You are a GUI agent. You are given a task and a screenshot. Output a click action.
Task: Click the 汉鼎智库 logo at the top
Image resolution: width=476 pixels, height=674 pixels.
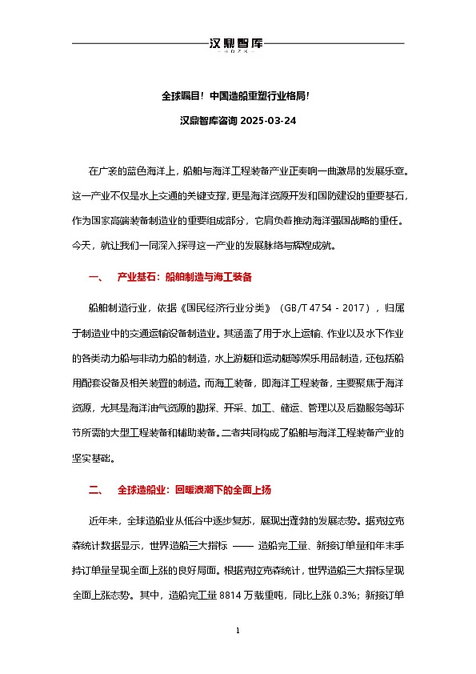tap(237, 44)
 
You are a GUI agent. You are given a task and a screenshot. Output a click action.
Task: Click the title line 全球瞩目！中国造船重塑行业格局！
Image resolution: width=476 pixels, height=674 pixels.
tap(237, 96)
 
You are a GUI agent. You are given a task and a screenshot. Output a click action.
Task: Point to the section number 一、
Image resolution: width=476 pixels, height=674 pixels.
tap(95, 278)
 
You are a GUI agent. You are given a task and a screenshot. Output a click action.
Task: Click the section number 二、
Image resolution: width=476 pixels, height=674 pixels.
tap(95, 489)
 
